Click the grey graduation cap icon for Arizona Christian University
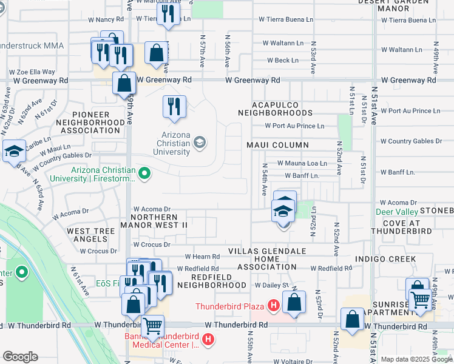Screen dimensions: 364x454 click(198, 143)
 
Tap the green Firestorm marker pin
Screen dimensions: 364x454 click(144, 175)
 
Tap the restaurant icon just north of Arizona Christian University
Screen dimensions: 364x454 click(174, 106)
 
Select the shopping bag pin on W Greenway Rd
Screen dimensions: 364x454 click(124, 82)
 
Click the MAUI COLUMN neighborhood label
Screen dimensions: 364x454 click(277, 145)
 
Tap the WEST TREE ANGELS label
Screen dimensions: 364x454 click(90, 235)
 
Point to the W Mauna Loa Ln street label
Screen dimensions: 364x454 click(302, 163)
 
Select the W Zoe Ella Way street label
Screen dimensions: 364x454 click(32, 72)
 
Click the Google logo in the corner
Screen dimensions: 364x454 click(20, 357)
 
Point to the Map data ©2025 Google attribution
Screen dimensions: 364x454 click(416, 359)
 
